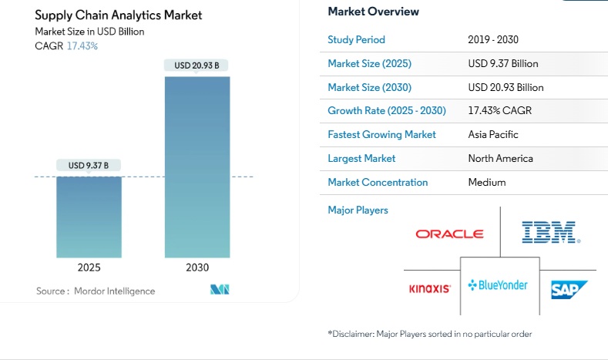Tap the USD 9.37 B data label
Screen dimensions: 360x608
click(89, 165)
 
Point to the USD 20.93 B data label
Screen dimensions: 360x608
click(197, 66)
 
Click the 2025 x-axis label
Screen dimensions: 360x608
click(89, 267)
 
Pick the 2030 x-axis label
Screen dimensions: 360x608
click(197, 267)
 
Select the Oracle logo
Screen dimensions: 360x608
click(449, 234)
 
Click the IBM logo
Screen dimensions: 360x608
click(551, 232)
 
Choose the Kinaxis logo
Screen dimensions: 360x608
click(429, 289)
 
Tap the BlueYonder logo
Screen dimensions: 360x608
click(499, 285)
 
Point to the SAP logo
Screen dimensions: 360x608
click(569, 290)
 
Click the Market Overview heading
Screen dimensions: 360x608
click(373, 12)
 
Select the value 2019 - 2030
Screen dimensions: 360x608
click(492, 39)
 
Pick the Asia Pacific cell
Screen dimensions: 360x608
click(493, 134)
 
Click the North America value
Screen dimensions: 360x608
click(500, 158)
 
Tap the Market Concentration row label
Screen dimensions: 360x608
click(378, 182)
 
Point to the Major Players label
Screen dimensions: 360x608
click(358, 210)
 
